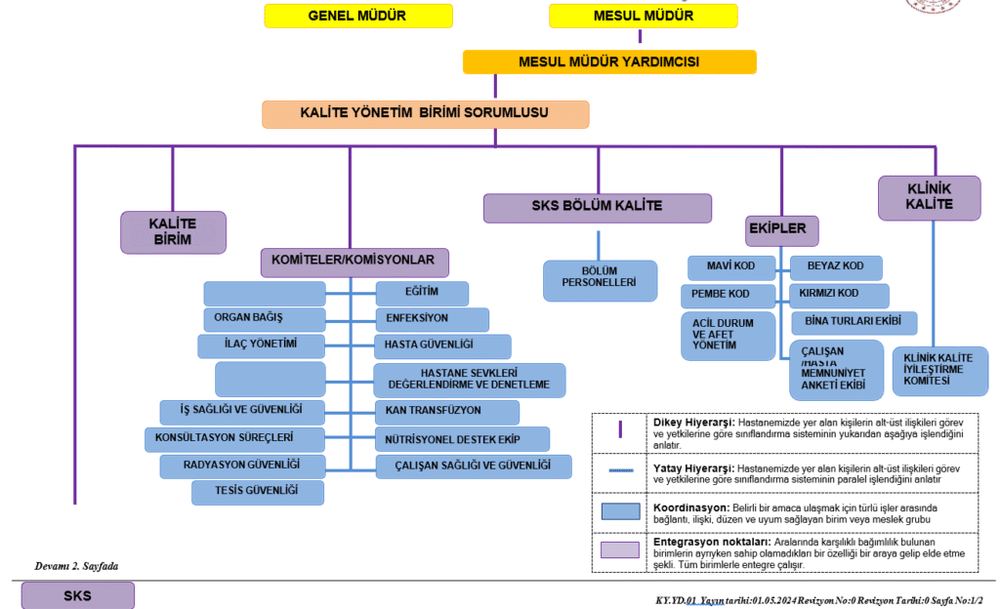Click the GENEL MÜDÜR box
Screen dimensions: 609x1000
(x=358, y=16)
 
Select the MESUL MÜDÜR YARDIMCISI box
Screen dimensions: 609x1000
(x=608, y=61)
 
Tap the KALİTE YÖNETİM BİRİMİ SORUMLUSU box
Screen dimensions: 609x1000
(x=425, y=114)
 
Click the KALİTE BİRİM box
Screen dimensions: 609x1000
(x=173, y=232)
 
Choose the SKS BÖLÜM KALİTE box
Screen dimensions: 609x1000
(x=597, y=207)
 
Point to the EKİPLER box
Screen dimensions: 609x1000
(x=781, y=230)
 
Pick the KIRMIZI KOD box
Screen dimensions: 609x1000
(x=838, y=295)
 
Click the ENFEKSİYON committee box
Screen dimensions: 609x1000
(x=432, y=319)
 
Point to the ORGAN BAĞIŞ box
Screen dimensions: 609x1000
(x=264, y=319)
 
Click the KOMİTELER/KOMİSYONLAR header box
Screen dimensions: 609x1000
(x=354, y=262)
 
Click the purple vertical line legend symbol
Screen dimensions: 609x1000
(x=620, y=428)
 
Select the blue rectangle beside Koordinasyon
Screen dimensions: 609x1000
(x=620, y=511)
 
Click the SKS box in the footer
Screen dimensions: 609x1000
(x=78, y=595)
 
